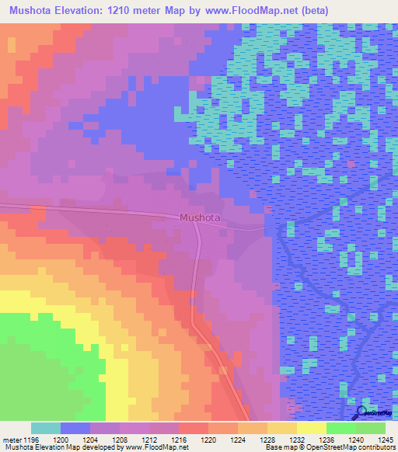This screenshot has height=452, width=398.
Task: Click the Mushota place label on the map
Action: (x=200, y=218)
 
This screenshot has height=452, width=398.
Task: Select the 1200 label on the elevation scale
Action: (x=72, y=440)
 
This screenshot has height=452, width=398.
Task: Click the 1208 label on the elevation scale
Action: (x=131, y=440)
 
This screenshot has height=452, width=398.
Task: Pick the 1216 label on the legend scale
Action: (x=190, y=440)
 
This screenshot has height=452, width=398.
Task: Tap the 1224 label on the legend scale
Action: (x=250, y=440)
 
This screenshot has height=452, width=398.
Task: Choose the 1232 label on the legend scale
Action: (x=309, y=440)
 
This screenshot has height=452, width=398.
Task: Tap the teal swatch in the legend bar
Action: (x=46, y=428)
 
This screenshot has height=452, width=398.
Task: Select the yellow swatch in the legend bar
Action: (x=311, y=428)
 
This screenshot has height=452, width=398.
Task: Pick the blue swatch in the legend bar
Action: (x=75, y=428)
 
